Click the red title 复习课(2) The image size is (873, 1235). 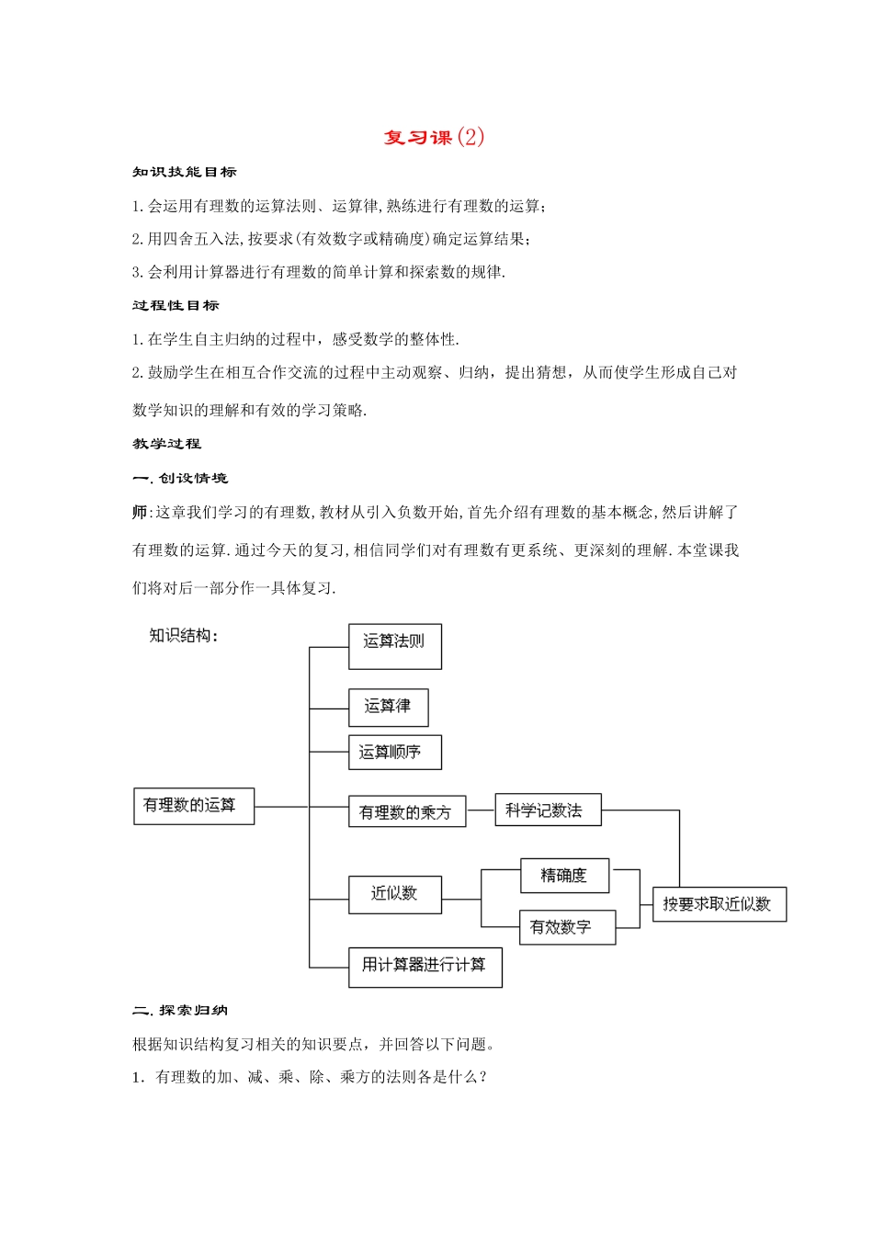pyautogui.click(x=434, y=137)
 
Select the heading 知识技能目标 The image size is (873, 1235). pyautogui.click(x=185, y=172)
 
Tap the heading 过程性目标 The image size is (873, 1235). pyautogui.click(x=176, y=305)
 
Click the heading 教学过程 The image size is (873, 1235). pyautogui.click(x=166, y=444)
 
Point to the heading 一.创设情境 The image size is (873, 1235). pyautogui.click(x=180, y=478)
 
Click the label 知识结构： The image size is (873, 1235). pyautogui.click(x=184, y=636)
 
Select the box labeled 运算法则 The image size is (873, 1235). pyautogui.click(x=395, y=646)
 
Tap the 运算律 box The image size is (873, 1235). pyautogui.click(x=388, y=708)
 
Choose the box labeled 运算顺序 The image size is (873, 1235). pyautogui.click(x=395, y=753)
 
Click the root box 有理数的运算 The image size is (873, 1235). pyautogui.click(x=194, y=806)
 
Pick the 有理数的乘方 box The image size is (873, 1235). pyautogui.click(x=407, y=812)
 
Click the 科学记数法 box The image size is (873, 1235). pyautogui.click(x=548, y=810)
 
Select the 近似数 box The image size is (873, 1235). pyautogui.click(x=395, y=894)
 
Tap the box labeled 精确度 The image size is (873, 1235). pyautogui.click(x=564, y=876)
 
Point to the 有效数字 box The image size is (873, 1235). pyautogui.click(x=566, y=927)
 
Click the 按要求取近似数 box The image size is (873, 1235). pyautogui.click(x=719, y=904)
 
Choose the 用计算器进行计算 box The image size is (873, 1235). pyautogui.click(x=425, y=967)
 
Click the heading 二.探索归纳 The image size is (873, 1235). pyautogui.click(x=180, y=1010)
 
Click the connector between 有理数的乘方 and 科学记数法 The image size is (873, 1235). pyautogui.click(x=481, y=811)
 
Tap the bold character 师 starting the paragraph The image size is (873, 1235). pyautogui.click(x=140, y=512)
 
